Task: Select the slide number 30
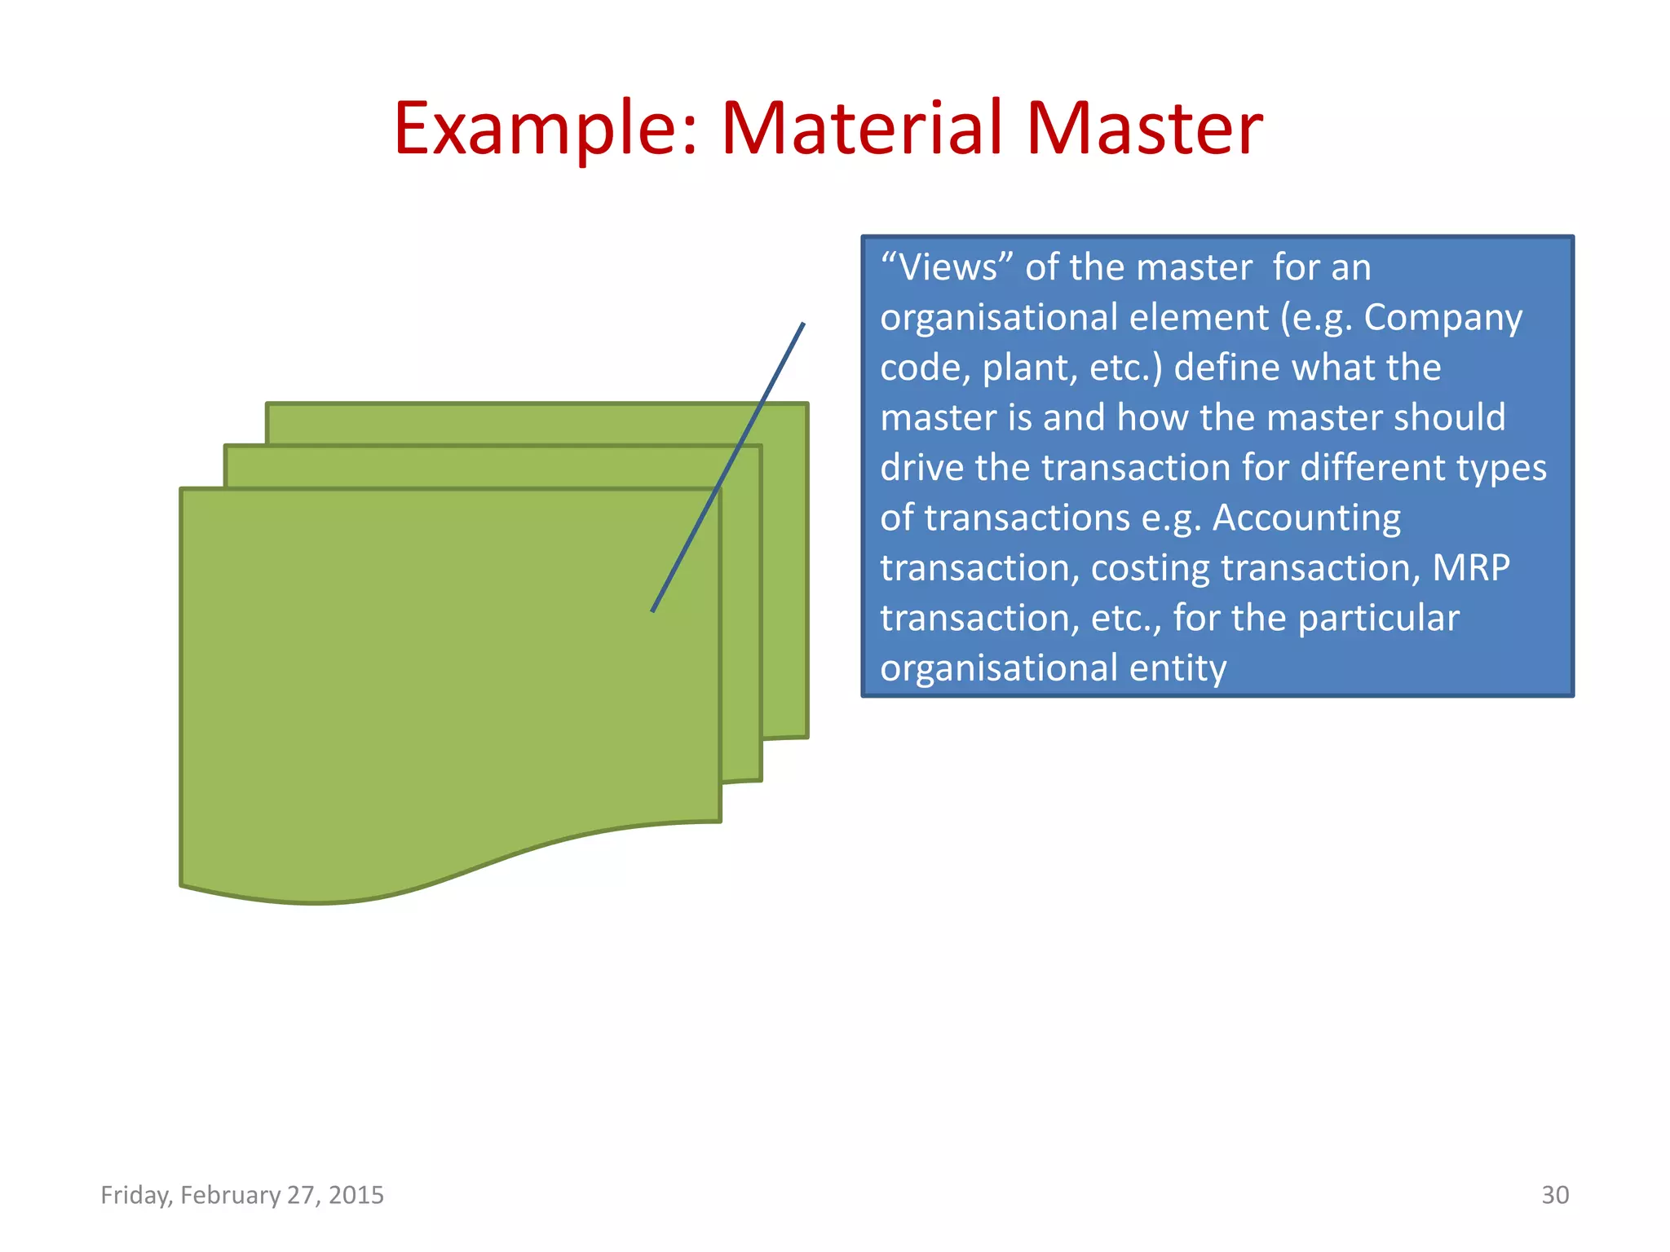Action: tap(1554, 1195)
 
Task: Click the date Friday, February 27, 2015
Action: tap(242, 1195)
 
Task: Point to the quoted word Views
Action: tap(948, 267)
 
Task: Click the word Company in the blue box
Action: tap(1442, 317)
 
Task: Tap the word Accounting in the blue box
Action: tap(1306, 518)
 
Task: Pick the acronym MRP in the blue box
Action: tap(1471, 567)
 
